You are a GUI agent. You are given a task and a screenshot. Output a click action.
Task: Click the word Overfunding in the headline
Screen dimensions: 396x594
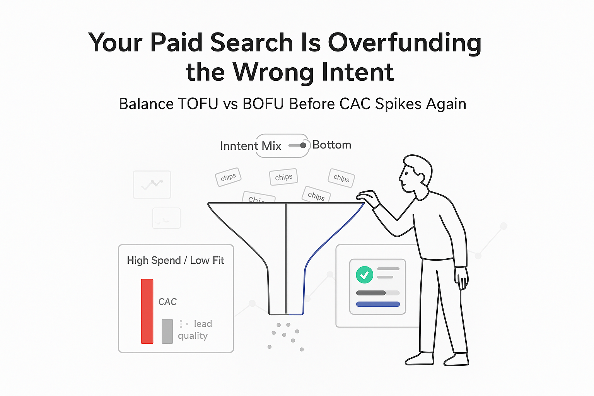405,43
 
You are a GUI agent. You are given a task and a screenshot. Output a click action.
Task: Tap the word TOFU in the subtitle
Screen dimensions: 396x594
198,104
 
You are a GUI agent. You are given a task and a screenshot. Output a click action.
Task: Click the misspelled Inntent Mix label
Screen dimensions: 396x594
250,146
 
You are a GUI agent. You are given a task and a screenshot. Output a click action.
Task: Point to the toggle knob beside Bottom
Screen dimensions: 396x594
303,145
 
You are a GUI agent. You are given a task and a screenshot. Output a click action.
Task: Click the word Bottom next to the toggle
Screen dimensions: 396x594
332,145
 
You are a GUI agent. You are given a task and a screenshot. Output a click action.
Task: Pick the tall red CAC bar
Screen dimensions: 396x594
147,311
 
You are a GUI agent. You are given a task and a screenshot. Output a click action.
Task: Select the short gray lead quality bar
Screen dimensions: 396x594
167,331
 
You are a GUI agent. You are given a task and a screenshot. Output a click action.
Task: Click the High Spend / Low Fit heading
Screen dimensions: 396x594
175,261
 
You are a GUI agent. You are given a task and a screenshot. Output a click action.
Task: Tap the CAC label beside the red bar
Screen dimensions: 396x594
167,302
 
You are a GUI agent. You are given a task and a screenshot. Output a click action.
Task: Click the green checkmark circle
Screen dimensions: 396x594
364,275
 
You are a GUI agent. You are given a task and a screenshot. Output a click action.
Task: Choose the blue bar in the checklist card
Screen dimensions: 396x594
378,304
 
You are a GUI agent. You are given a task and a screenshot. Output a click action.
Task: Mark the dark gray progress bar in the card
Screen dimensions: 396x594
371,293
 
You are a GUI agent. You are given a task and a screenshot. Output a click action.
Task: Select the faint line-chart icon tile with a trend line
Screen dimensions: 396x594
152,185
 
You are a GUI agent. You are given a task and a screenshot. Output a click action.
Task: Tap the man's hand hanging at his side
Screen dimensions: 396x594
461,278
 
